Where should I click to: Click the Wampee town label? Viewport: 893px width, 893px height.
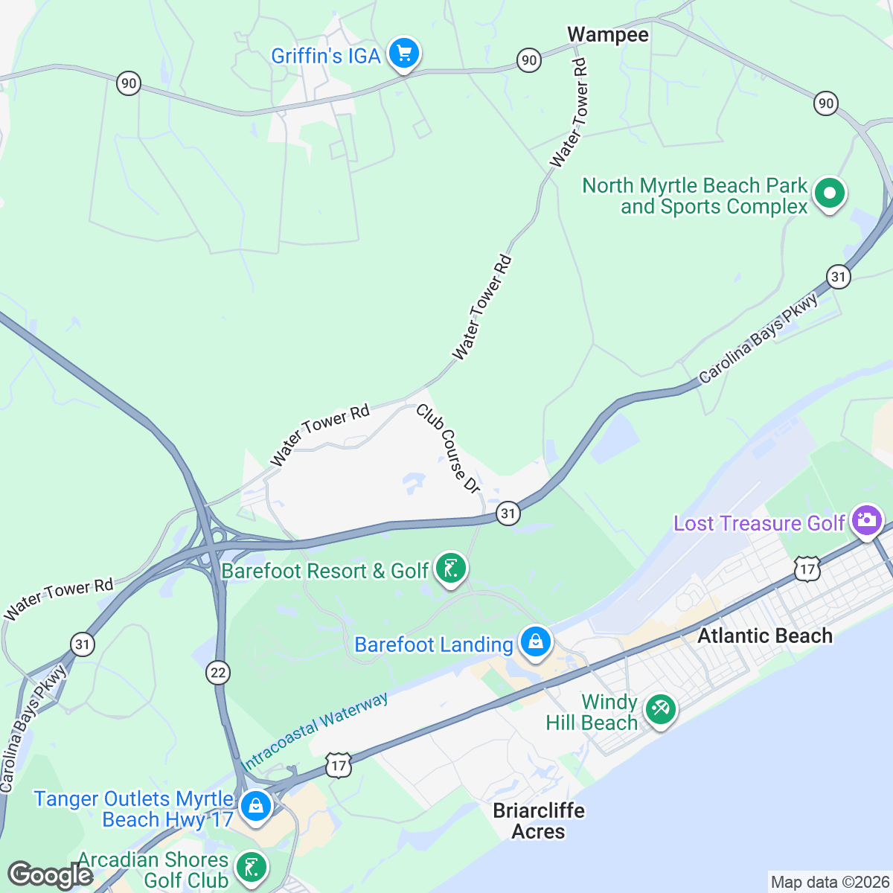607,35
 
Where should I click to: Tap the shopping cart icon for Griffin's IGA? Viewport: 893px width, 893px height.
404,54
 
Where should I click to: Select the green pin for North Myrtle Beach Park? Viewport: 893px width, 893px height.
829,194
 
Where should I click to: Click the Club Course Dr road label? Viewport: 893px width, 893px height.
448,448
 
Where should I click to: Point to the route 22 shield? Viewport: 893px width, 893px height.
217,673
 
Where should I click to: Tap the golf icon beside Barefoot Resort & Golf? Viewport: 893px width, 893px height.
450,569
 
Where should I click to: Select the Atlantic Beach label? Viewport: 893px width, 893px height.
764,636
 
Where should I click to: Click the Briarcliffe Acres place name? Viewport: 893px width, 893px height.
539,821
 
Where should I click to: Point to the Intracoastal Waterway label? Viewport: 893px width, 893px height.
314,732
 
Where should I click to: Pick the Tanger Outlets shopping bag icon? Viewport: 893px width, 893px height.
255,807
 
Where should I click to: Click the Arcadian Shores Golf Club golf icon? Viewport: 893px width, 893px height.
252,868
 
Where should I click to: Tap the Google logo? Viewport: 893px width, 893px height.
50,876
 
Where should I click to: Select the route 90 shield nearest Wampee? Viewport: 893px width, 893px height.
528,60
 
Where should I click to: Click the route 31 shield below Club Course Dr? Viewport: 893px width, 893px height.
508,513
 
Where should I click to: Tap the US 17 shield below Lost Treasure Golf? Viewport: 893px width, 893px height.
807,570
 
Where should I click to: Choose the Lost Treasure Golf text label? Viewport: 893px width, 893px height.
759,523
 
